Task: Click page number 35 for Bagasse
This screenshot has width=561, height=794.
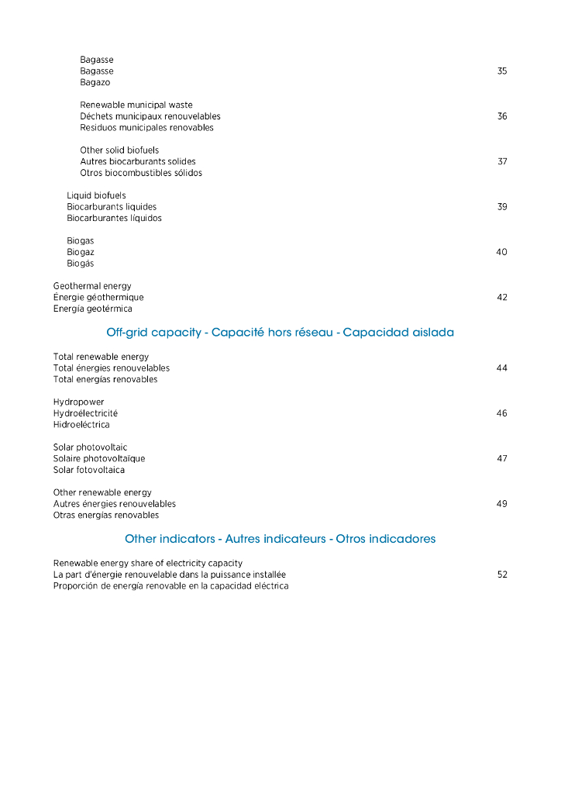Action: coord(502,71)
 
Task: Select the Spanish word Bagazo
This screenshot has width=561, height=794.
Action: coord(95,83)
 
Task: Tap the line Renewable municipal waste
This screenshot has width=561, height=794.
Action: coord(136,105)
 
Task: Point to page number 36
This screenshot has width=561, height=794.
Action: coord(502,116)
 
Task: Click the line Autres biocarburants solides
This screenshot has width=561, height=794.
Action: coord(138,162)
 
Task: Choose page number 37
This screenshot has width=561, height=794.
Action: coord(502,162)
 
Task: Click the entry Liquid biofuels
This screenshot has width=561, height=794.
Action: coord(96,196)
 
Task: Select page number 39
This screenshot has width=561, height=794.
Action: coord(502,207)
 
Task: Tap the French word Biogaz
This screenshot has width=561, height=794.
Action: coord(81,253)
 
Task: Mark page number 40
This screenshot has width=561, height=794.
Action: coord(501,253)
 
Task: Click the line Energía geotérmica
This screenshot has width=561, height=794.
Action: coord(92,309)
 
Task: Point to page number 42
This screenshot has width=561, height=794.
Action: coord(502,298)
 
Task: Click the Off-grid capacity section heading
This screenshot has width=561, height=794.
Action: coord(280,333)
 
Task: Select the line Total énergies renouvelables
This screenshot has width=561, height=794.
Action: coord(112,368)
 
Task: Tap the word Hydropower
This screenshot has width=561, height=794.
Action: coord(78,402)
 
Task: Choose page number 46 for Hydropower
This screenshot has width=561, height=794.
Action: coord(502,414)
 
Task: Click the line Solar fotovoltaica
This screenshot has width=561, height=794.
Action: coord(88,471)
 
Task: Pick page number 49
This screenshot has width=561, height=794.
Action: coord(502,504)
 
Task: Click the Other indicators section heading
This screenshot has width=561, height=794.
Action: coord(280,539)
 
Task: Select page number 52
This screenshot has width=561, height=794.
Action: coord(502,575)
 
